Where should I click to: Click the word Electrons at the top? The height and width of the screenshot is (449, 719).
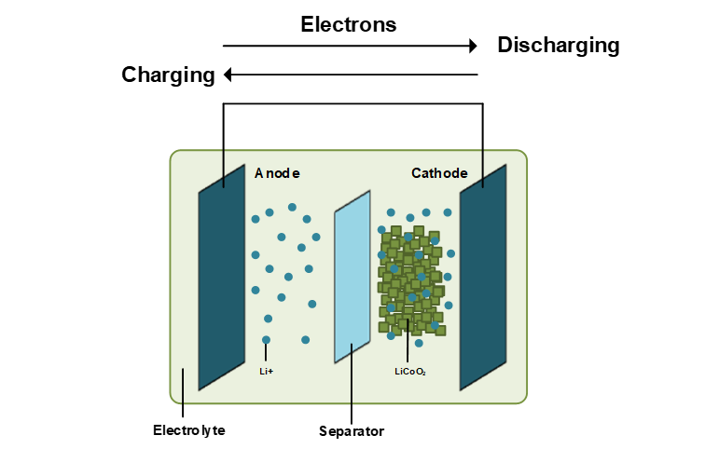pos(348,24)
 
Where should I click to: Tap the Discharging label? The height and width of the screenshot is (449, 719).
pos(558,45)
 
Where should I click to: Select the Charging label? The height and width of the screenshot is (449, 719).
pos(168,75)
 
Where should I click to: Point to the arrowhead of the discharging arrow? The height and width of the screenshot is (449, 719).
pos(473,45)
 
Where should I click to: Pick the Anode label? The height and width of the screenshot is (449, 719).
pos(277,173)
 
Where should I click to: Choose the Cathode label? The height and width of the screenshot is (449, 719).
pos(439,173)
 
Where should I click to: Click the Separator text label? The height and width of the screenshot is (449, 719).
pos(351,431)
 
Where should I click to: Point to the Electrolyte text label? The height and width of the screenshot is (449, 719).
pos(189,430)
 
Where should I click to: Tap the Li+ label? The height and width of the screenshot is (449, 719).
pos(267,371)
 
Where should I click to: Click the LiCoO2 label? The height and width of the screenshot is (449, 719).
pos(410,371)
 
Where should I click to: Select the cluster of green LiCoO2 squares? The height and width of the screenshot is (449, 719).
pos(410,279)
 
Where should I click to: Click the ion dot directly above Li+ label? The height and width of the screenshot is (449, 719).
pos(267,340)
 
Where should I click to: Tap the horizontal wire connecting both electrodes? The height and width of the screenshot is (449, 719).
pos(353,103)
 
